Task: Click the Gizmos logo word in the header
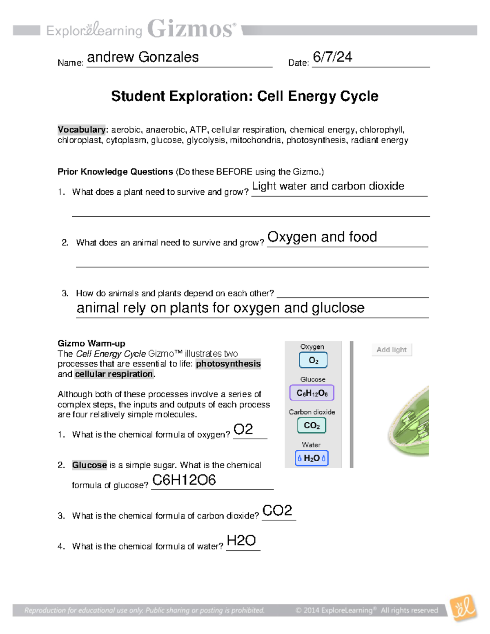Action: click(x=192, y=29)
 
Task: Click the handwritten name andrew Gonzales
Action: click(x=143, y=57)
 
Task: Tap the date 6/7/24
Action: click(x=332, y=57)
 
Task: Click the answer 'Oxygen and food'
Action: click(x=322, y=237)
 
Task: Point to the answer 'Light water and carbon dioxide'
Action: click(x=328, y=186)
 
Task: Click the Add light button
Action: click(x=392, y=350)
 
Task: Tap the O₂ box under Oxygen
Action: click(x=313, y=360)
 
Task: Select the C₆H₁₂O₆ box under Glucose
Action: click(x=312, y=393)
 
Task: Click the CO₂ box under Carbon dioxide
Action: click(x=312, y=425)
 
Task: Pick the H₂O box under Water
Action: click(x=312, y=458)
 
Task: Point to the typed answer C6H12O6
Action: click(x=184, y=480)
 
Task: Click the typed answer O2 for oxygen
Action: click(x=243, y=429)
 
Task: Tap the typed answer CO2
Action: click(x=277, y=510)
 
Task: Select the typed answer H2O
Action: click(x=241, y=541)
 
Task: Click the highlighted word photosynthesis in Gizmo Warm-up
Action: click(x=228, y=364)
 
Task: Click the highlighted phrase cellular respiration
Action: click(x=114, y=374)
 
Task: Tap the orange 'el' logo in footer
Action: click(x=463, y=608)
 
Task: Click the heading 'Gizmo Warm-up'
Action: click(x=91, y=343)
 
